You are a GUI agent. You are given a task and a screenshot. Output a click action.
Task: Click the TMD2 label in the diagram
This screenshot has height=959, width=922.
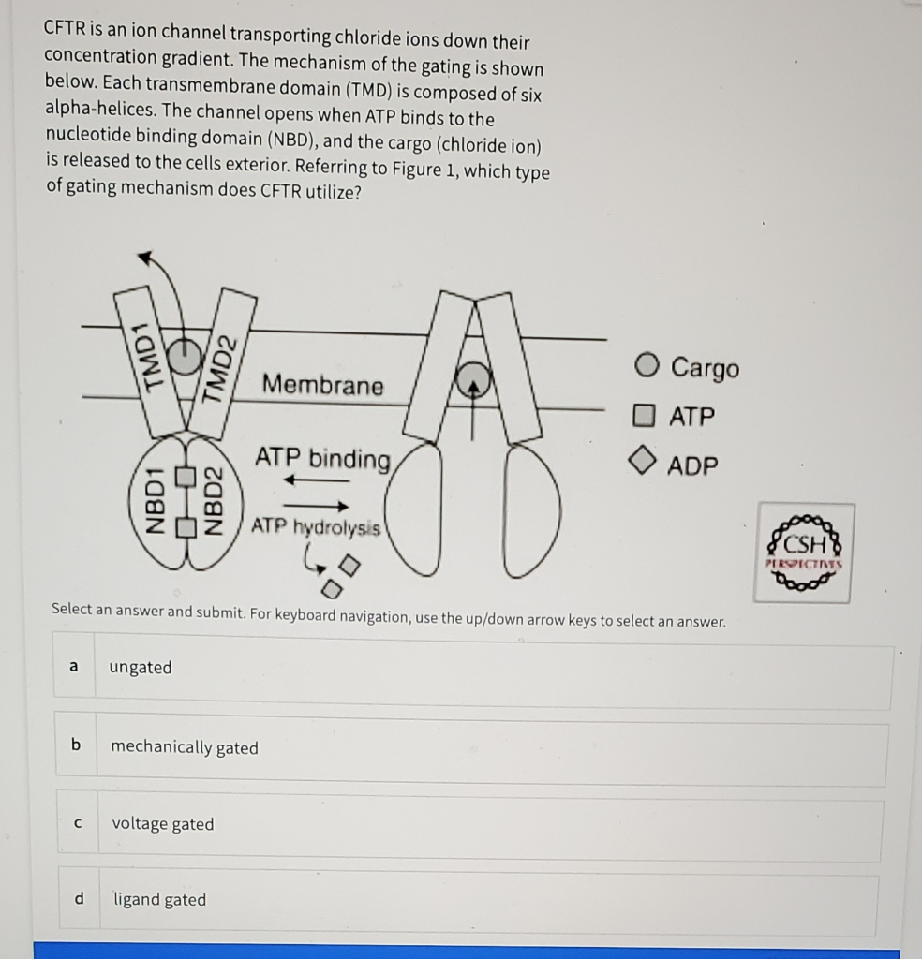pos(219,369)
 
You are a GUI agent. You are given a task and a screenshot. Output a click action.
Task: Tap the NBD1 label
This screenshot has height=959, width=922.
pos(154,501)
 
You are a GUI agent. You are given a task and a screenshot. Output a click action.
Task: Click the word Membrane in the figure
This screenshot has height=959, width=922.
pos(323,385)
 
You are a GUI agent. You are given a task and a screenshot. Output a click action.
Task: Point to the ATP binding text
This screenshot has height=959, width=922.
pos(322,459)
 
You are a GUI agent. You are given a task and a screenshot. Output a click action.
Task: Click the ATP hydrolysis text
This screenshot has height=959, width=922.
pos(316,526)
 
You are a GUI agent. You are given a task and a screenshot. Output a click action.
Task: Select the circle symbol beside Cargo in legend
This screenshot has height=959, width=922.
pos(647,365)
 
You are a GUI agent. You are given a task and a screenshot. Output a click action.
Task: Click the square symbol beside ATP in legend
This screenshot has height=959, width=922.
pos(644,415)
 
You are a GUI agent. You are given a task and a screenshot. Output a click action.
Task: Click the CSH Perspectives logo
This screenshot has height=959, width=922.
pos(804,553)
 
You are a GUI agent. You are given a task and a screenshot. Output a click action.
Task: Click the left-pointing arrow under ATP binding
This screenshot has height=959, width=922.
pos(317,480)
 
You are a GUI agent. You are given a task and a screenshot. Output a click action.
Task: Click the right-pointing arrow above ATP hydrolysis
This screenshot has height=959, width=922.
pos(316,506)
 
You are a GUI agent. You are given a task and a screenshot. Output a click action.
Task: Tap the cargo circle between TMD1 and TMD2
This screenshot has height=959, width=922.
pos(184,357)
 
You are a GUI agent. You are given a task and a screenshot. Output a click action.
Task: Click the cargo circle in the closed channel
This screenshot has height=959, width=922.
pos(471,379)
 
